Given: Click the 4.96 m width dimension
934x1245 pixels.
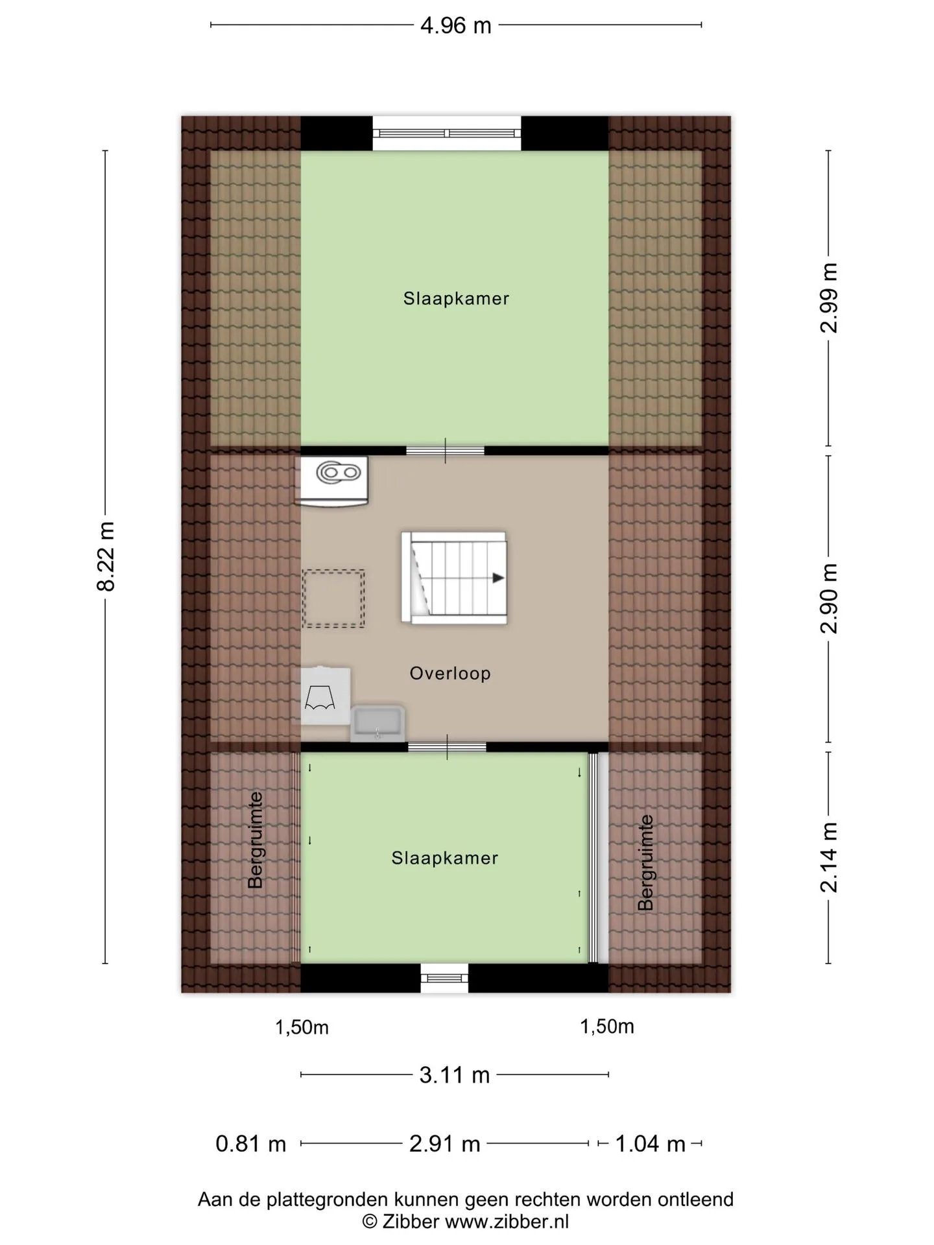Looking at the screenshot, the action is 456,26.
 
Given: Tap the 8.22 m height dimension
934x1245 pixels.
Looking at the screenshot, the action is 106,556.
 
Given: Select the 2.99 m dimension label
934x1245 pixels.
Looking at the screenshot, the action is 829,298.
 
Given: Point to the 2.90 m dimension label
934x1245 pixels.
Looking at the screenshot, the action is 829,598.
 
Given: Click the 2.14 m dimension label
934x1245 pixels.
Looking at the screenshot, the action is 829,857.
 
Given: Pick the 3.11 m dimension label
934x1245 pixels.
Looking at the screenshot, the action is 454,1075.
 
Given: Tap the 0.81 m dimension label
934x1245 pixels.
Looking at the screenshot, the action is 251,1144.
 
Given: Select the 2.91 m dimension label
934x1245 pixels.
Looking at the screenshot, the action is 445,1144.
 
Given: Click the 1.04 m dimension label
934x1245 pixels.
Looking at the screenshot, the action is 650,1144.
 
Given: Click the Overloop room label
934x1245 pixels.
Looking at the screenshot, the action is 450,673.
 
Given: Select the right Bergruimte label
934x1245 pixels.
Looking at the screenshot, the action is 645,862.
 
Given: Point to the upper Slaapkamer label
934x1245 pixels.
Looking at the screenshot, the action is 456,299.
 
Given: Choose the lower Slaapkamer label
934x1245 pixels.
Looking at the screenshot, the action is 445,859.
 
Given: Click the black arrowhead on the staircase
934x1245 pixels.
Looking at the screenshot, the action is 498,578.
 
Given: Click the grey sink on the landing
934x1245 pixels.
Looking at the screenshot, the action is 377,724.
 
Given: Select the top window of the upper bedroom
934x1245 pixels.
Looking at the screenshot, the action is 447,134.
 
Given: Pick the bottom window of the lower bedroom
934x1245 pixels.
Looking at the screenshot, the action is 444,978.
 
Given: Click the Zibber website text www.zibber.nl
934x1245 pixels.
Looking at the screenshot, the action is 508,1222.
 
